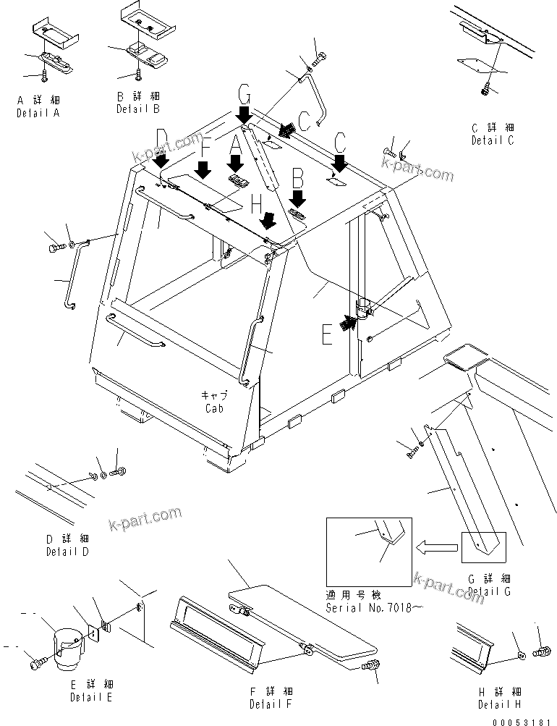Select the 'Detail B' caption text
[x=138, y=109]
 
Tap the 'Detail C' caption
[x=493, y=140]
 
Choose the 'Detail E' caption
[x=91, y=698]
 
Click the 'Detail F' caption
[x=271, y=704]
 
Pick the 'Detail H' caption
[x=498, y=704]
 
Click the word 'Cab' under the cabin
[x=213, y=408]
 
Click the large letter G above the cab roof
[x=245, y=93]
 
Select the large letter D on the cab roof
[x=162, y=137]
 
